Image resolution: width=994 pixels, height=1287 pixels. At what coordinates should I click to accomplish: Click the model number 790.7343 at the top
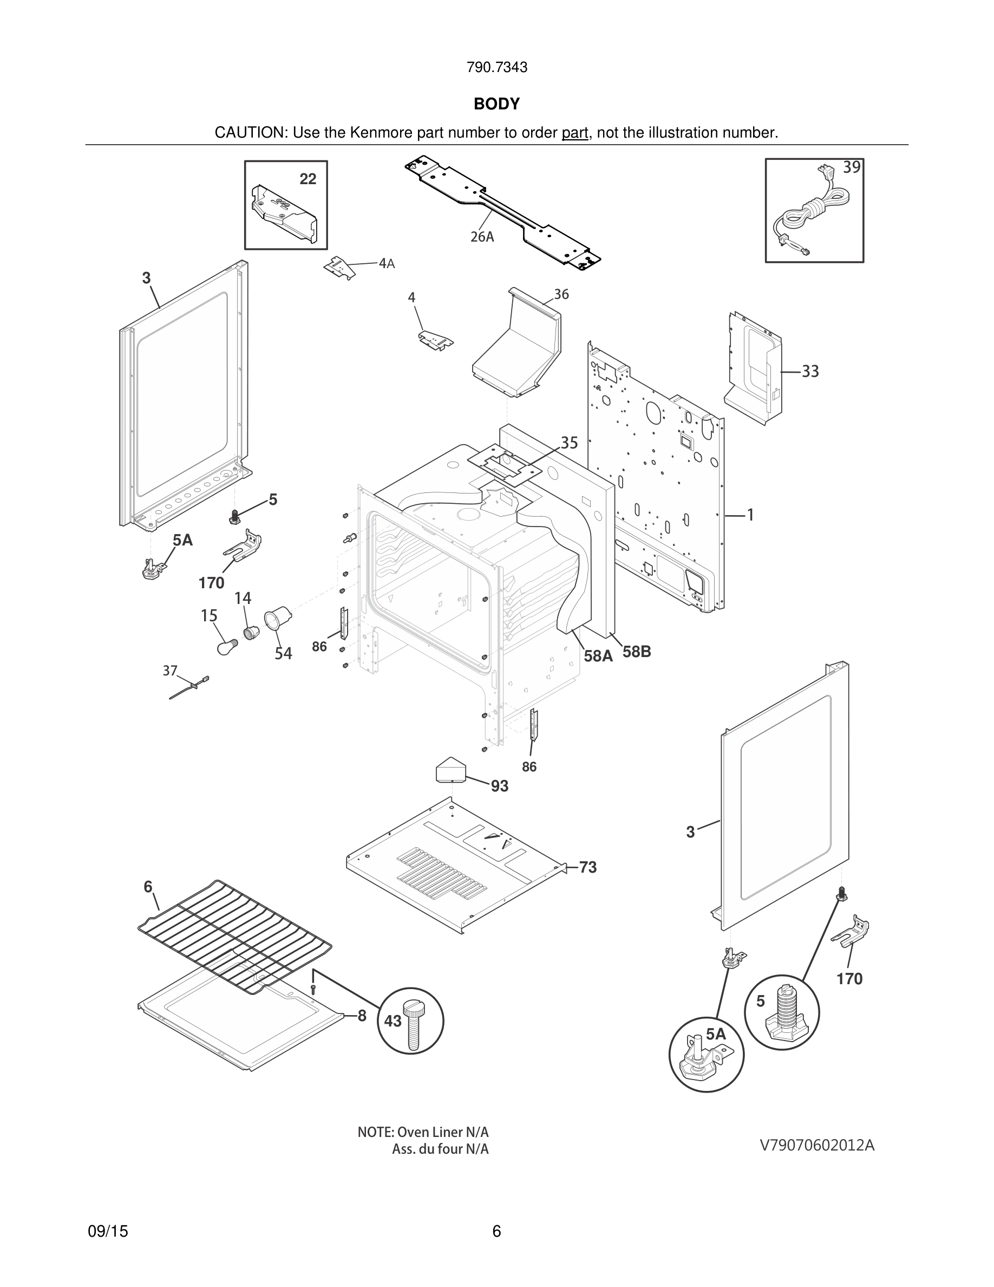coord(496,67)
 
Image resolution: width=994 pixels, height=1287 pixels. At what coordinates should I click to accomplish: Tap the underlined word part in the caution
coord(575,133)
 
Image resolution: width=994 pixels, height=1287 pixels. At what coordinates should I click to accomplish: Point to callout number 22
coord(308,179)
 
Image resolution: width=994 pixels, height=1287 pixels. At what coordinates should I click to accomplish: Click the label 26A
coord(482,237)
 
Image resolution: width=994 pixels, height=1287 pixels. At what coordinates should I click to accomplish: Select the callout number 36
coord(561,294)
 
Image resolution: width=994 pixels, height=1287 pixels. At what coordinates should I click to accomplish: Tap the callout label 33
coord(810,371)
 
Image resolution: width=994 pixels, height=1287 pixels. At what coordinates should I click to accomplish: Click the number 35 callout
coord(569,443)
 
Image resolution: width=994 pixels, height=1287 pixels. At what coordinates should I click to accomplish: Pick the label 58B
coord(637,652)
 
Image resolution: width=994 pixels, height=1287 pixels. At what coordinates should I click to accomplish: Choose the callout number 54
coord(283,653)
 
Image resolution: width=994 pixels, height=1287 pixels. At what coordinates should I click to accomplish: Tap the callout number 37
coord(170,670)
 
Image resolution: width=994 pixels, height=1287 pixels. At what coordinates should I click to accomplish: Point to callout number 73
coord(588,867)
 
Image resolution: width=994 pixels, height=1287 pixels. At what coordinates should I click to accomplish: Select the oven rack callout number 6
coord(148,887)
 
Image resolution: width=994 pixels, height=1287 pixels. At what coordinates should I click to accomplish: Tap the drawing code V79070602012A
coord(817,1146)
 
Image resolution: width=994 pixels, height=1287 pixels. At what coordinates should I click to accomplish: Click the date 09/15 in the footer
coord(108,1231)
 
